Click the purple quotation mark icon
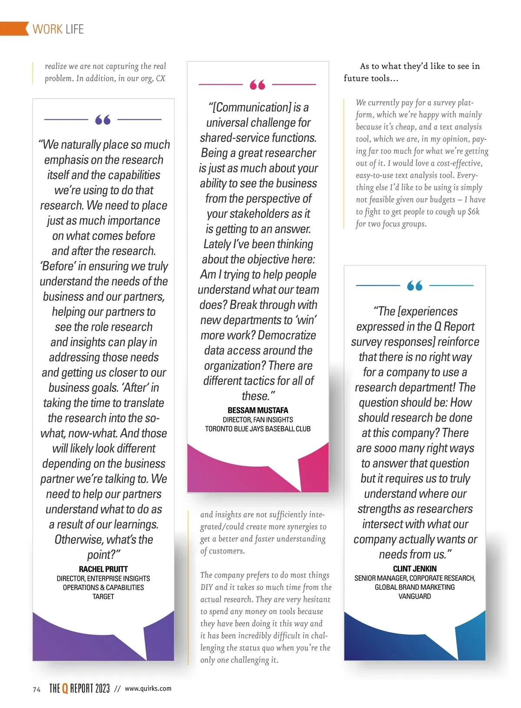pyautogui.click(x=103, y=119)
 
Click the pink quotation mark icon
pyautogui.click(x=257, y=85)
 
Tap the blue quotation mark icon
pyautogui.click(x=415, y=286)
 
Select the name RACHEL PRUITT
pyautogui.click(x=103, y=569)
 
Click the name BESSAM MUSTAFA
pyautogui.click(x=258, y=410)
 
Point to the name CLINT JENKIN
pyautogui.click(x=415, y=569)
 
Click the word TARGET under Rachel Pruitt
pyautogui.click(x=103, y=596)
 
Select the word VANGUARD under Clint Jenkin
pyautogui.click(x=415, y=596)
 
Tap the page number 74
pyautogui.click(x=37, y=689)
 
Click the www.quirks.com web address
pyautogui.click(x=148, y=688)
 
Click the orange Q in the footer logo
pyautogui.click(x=65, y=688)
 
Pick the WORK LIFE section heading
pyautogui.click(x=58, y=29)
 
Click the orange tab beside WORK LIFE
pyautogui.click(x=14, y=29)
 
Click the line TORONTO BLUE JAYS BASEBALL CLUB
pyautogui.click(x=258, y=429)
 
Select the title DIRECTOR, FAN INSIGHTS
pyautogui.click(x=258, y=420)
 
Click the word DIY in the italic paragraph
pyautogui.click(x=206, y=587)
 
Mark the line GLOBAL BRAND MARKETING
pyautogui.click(x=415, y=587)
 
